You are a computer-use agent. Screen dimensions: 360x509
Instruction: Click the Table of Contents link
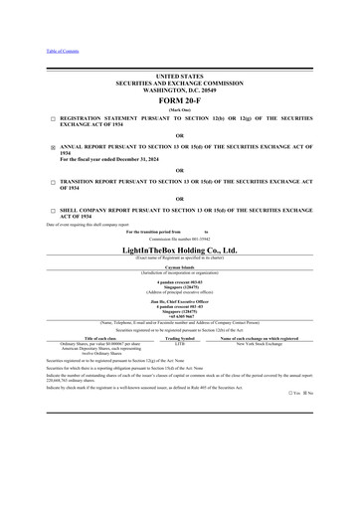(61, 51)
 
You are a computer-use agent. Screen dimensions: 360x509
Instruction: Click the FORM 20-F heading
(179, 101)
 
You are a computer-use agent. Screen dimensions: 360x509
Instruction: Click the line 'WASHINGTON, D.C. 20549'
(179, 89)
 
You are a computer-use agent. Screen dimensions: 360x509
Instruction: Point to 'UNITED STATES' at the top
(179, 76)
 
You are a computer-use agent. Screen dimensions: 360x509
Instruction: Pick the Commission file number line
(179, 240)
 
